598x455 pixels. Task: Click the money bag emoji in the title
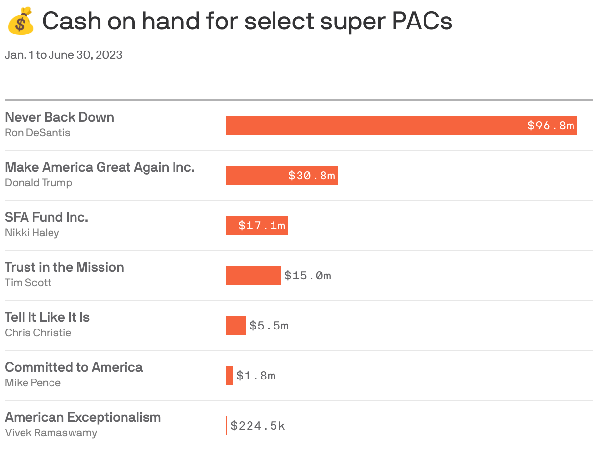(21, 21)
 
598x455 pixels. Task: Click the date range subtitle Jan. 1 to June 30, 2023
(63, 55)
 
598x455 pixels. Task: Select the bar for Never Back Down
(373, 126)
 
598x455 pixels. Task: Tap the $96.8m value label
(550, 126)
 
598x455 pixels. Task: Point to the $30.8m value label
(312, 176)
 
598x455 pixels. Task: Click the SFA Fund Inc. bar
(231, 226)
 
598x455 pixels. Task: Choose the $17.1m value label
(262, 226)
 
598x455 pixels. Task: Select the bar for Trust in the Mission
(253, 276)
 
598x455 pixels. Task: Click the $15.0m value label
(308, 276)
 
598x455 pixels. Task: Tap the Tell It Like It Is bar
(236, 326)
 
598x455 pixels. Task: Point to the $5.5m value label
(269, 326)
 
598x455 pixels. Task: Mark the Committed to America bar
(229, 376)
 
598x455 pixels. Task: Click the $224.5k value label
(258, 426)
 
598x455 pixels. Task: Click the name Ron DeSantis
(37, 133)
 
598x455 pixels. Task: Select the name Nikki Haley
(32, 233)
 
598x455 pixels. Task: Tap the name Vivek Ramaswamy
(51, 433)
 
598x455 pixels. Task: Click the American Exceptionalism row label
(83, 417)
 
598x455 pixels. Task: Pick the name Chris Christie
(38, 333)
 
